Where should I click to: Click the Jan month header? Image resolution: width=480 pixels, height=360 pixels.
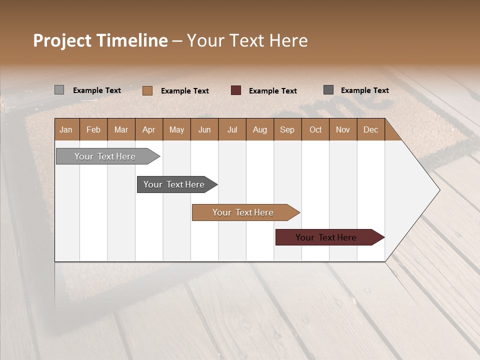66,129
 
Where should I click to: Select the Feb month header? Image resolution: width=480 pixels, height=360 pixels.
93,129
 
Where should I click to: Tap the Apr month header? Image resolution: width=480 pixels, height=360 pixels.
148,129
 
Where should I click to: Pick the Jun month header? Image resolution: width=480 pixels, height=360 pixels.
204,129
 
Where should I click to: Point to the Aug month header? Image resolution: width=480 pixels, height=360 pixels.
259,129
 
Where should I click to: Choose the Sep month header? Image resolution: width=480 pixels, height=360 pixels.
287,129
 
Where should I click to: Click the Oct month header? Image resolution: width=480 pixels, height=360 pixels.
315,129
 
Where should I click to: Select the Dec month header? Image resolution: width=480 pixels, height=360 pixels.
370,129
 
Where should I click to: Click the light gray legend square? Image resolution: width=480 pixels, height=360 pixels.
59,90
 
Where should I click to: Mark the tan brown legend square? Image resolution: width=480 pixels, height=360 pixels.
147,90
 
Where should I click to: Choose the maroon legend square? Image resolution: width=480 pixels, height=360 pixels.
236,90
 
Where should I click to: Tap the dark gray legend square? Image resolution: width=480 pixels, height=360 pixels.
328,90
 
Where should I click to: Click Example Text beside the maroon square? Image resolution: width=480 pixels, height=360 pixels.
272,91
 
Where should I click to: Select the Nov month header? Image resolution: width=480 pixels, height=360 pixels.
343,129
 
